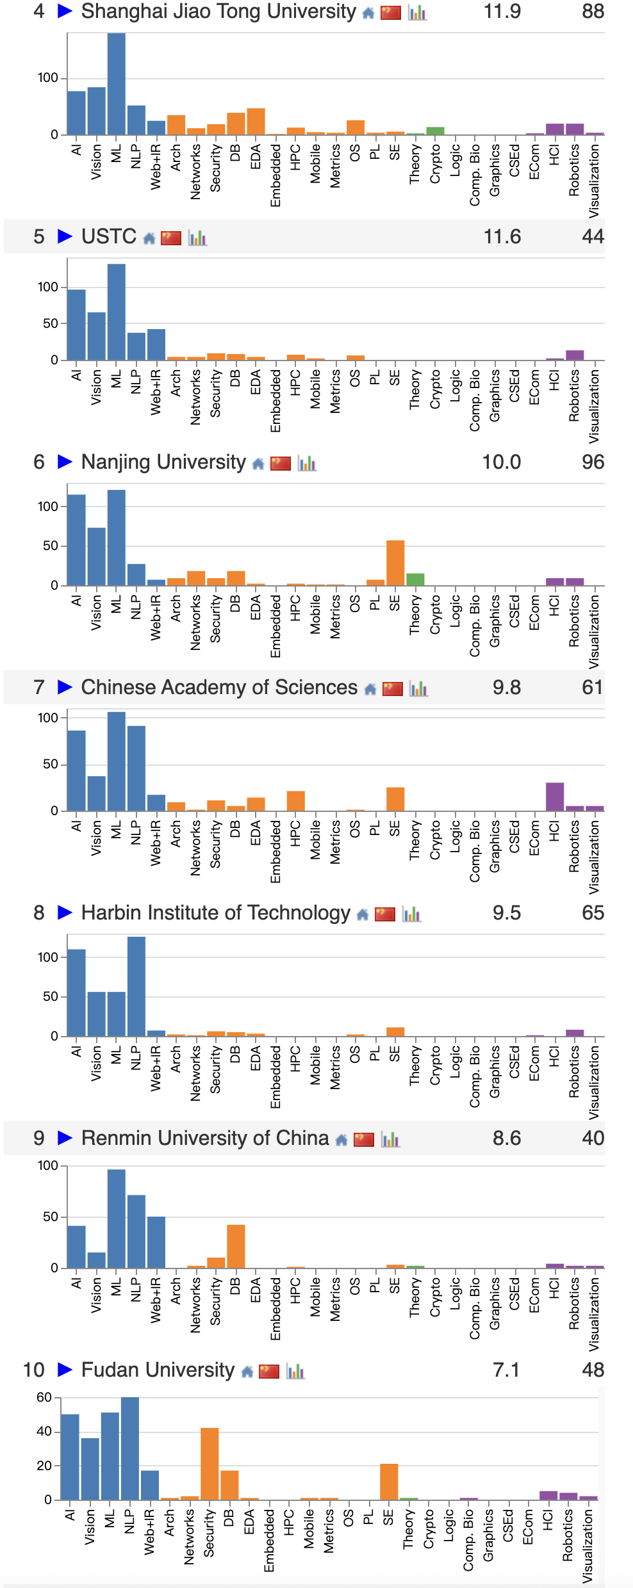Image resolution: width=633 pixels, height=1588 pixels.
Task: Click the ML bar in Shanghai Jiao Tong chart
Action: click(x=116, y=83)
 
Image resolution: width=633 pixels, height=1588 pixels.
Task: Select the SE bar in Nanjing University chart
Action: click(x=395, y=563)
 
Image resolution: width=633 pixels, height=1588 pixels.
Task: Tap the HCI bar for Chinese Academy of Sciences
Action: click(x=555, y=797)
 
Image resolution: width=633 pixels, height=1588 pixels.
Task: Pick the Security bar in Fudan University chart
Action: click(x=210, y=1464)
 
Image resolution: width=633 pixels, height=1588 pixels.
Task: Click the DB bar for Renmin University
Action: click(x=236, y=1246)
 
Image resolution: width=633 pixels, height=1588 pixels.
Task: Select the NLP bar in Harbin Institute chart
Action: click(x=136, y=986)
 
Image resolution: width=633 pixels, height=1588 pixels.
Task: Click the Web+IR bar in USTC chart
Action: click(x=156, y=344)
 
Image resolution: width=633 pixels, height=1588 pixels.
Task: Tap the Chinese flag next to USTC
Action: click(x=171, y=238)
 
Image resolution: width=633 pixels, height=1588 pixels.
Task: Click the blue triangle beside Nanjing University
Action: click(x=65, y=462)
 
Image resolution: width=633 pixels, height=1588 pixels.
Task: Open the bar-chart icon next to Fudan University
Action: click(x=295, y=1371)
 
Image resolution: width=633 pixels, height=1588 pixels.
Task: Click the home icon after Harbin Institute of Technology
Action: click(x=363, y=914)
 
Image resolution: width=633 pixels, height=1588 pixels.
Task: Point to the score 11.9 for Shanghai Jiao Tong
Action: click(x=502, y=12)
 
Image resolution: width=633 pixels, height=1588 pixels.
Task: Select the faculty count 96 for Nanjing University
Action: click(x=592, y=462)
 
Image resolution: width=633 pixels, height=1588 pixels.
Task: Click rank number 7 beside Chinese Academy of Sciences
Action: click(x=39, y=687)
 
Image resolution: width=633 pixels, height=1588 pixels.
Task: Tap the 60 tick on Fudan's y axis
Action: click(x=44, y=1397)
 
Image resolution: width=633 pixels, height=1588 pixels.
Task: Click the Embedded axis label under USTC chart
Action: click(x=275, y=400)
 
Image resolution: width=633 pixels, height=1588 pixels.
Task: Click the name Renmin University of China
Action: click(x=205, y=1138)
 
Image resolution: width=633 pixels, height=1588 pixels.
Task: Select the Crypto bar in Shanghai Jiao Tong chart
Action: click(x=435, y=131)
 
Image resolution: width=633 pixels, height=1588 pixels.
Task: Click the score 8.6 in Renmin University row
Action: click(x=506, y=1138)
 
